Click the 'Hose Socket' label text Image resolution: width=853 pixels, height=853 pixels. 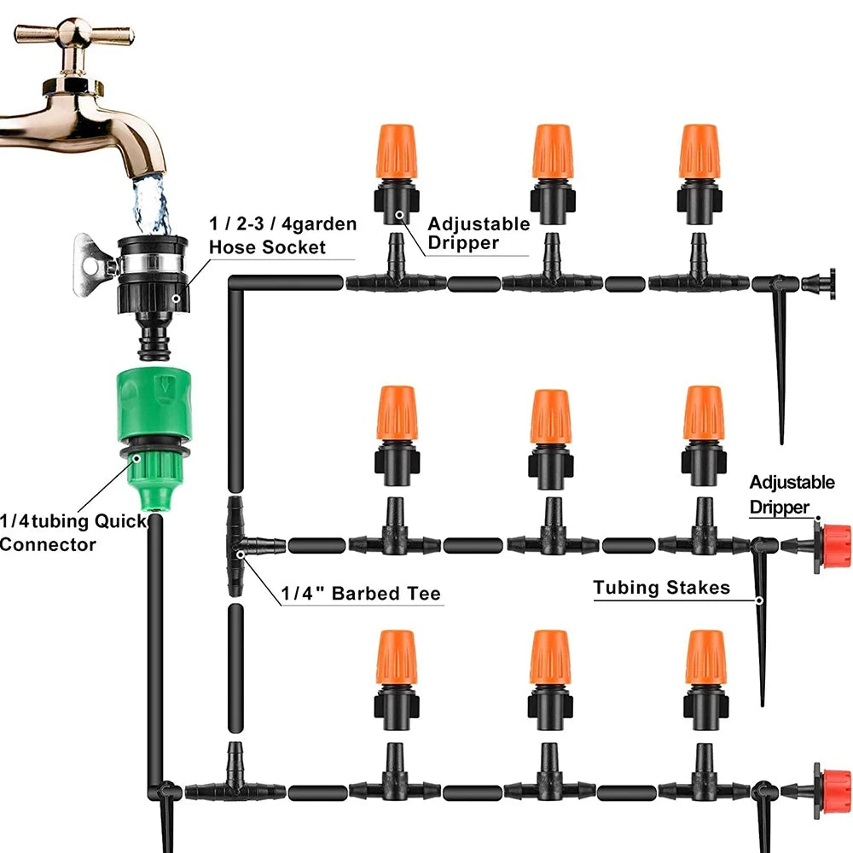(267, 247)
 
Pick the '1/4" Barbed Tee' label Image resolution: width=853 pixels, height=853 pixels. (361, 594)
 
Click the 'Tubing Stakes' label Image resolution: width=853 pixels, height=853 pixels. (661, 588)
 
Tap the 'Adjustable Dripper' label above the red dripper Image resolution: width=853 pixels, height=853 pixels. (792, 495)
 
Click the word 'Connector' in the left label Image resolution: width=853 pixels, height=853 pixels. (47, 544)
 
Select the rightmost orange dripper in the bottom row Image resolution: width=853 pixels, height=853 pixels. (705, 659)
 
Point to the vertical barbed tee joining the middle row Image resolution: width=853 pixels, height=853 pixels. (236, 545)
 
